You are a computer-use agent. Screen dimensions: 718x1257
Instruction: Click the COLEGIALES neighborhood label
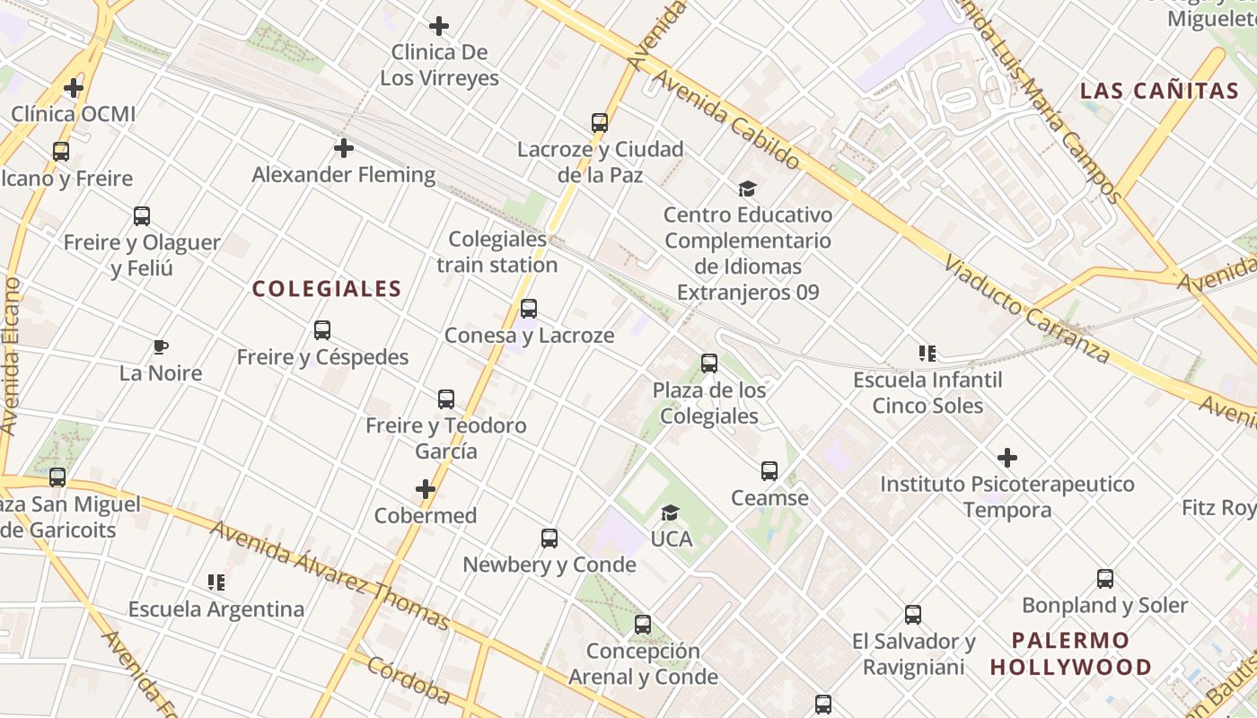pos(327,289)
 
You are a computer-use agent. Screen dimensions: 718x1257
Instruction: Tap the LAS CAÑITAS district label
pos(1159,91)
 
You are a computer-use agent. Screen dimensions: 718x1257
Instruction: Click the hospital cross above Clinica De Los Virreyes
pos(439,26)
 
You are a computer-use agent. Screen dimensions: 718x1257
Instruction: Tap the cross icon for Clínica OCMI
pos(74,88)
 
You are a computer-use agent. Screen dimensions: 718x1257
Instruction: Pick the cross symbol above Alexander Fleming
pos(343,148)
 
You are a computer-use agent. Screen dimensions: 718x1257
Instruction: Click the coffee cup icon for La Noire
pos(161,346)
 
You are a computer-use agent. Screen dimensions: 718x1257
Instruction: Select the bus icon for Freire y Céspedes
pos(322,330)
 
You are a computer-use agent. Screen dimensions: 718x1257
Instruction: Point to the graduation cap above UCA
pos(670,512)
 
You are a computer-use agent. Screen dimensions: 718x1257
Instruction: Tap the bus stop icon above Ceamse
pos(769,471)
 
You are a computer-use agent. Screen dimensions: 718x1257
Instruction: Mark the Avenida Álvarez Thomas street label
pos(330,574)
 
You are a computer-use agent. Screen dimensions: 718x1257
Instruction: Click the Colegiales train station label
pos(497,252)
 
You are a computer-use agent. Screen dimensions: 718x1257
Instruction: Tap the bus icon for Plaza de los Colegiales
pos(709,363)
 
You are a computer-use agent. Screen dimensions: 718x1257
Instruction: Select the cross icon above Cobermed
pos(426,489)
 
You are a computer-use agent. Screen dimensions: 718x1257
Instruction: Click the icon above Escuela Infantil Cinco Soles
pos(927,354)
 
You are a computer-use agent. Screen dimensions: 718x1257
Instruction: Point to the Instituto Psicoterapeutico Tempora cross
pos(1007,458)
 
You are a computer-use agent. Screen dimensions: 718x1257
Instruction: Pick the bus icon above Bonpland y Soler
pos(1105,579)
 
